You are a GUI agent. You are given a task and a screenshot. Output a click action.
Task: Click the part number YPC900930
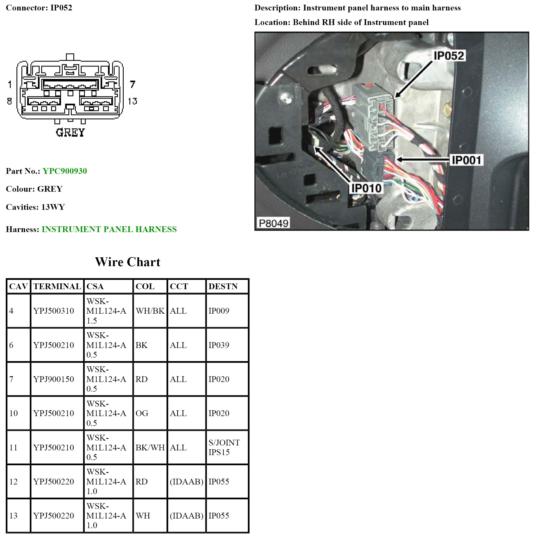tap(65, 171)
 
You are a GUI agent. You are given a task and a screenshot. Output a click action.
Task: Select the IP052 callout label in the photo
tap(449, 56)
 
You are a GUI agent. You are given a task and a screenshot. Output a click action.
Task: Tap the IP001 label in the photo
tap(466, 160)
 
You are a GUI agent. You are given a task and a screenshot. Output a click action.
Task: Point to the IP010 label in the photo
tap(366, 188)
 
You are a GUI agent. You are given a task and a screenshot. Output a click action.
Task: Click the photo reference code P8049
tap(273, 223)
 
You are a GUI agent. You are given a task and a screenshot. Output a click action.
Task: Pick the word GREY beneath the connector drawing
tap(70, 133)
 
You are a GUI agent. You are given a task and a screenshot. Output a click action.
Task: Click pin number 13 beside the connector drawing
tap(132, 101)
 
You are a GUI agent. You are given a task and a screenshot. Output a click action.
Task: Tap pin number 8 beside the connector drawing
tap(10, 101)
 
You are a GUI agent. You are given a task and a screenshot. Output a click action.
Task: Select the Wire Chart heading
tap(127, 262)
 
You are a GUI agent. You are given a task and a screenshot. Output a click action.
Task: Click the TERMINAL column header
tap(57, 286)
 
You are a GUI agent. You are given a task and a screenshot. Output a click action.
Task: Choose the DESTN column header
tap(223, 286)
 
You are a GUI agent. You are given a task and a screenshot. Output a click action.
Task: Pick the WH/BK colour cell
tap(150, 311)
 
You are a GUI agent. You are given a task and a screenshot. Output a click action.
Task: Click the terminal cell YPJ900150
tap(54, 379)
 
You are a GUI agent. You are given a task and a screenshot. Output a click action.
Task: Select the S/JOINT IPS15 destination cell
tap(224, 447)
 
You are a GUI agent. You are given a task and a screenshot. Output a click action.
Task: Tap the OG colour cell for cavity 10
tap(142, 413)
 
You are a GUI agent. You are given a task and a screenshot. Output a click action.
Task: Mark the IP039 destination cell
tap(219, 345)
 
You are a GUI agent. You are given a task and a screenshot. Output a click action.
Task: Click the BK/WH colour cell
tap(150, 447)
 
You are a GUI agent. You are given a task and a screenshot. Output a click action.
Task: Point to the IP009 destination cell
tap(219, 311)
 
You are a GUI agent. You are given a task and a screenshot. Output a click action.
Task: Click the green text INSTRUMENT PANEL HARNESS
tap(109, 229)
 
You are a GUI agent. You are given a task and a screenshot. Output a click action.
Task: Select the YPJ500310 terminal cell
tap(54, 311)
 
